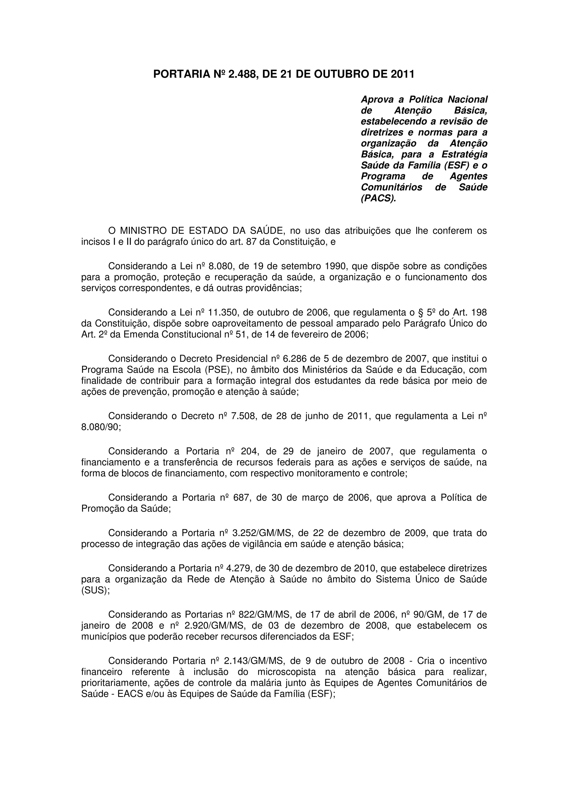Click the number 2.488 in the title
coord(242,74)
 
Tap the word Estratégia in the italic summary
coord(464,155)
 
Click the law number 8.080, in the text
coord(221,266)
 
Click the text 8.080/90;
coord(101,427)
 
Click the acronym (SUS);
coord(95,590)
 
